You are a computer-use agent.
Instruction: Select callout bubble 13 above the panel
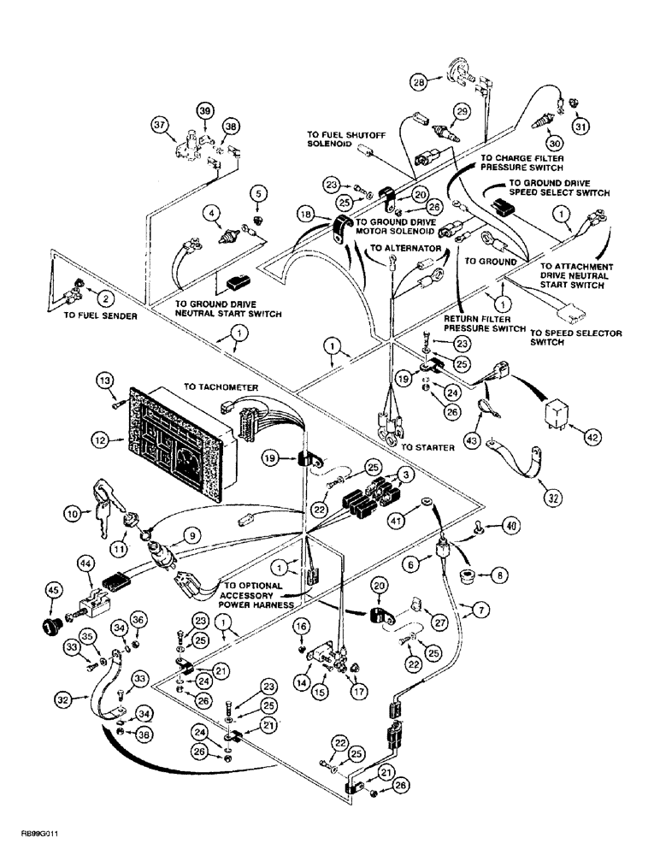click(x=105, y=378)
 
